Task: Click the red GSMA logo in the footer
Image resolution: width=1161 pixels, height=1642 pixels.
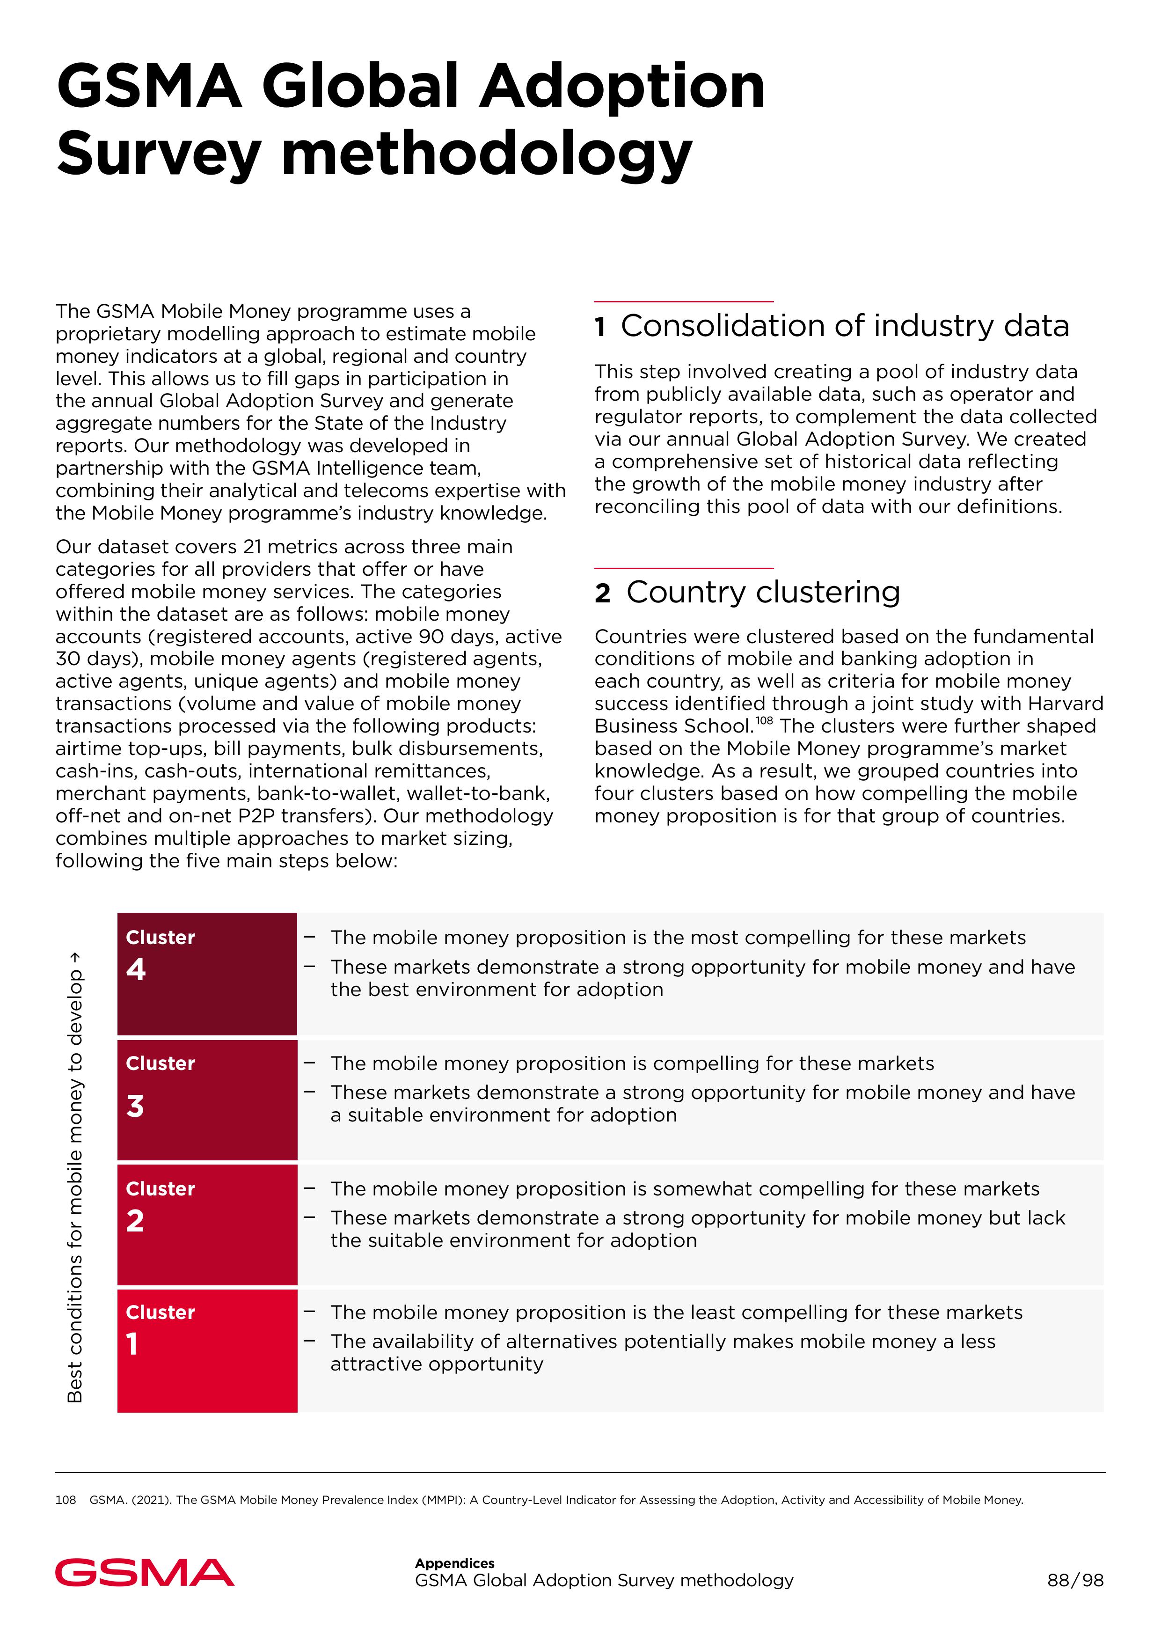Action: [x=145, y=1572]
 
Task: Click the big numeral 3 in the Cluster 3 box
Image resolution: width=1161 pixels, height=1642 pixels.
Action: [x=135, y=1106]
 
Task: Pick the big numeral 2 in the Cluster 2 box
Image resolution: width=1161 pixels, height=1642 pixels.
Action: [x=135, y=1220]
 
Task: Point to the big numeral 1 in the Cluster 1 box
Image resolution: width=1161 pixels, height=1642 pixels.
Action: [x=132, y=1344]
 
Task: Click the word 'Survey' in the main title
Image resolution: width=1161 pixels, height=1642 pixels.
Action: [x=159, y=153]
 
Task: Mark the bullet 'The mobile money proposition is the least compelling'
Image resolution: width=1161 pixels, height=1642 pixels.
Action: [x=676, y=1312]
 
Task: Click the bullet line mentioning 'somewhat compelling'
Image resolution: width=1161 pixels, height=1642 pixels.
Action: [x=684, y=1188]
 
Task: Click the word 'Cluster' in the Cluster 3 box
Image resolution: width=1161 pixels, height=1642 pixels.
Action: [x=160, y=1063]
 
